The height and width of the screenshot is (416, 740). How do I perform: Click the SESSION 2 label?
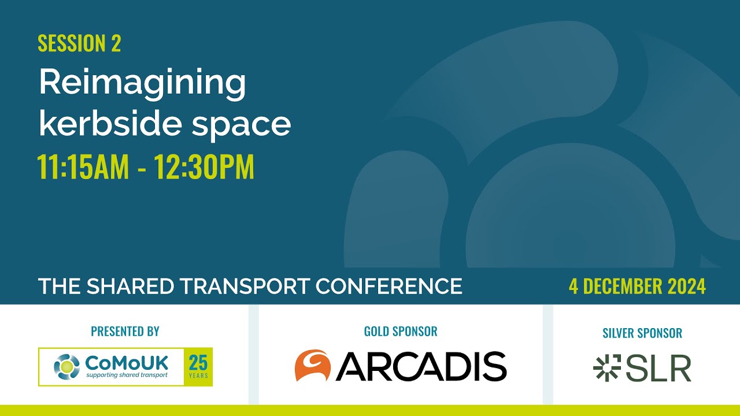(x=79, y=44)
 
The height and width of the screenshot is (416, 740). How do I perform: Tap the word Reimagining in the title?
(x=142, y=83)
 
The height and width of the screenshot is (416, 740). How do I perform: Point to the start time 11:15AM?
(x=83, y=167)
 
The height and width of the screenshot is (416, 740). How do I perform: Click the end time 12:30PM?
(x=204, y=167)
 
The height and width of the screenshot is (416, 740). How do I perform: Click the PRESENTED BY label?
(x=125, y=332)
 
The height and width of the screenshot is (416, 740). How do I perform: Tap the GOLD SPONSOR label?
(x=401, y=332)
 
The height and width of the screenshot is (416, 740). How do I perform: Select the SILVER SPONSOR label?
(x=642, y=333)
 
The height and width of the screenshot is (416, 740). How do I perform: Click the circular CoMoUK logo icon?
(x=66, y=367)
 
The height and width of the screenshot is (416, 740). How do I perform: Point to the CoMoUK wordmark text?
(x=127, y=363)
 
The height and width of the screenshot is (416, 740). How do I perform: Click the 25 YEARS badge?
(x=198, y=367)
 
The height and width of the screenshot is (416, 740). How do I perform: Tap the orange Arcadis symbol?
(x=312, y=366)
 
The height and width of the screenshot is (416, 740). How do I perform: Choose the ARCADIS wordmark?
(x=421, y=366)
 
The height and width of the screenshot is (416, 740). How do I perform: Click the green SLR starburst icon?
(x=606, y=367)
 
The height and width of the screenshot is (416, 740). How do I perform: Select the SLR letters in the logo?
(x=658, y=367)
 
